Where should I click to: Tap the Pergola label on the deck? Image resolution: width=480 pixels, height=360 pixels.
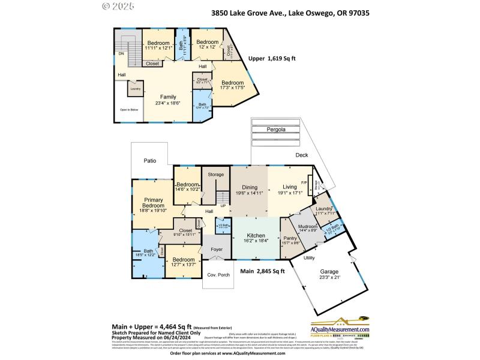coord(276,129)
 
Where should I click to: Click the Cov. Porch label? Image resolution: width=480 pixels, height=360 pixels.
coord(218,275)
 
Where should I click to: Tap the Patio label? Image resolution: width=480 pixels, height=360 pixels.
coord(150,161)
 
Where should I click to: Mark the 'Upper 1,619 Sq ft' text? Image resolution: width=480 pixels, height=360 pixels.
coord(272,59)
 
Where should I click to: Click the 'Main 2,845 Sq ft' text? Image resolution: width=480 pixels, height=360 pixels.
coord(262,271)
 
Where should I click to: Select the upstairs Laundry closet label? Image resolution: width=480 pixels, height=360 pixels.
coord(136,89)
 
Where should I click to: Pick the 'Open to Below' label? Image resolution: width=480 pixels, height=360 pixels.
coord(129,110)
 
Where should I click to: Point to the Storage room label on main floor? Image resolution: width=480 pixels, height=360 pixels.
coord(215,174)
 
